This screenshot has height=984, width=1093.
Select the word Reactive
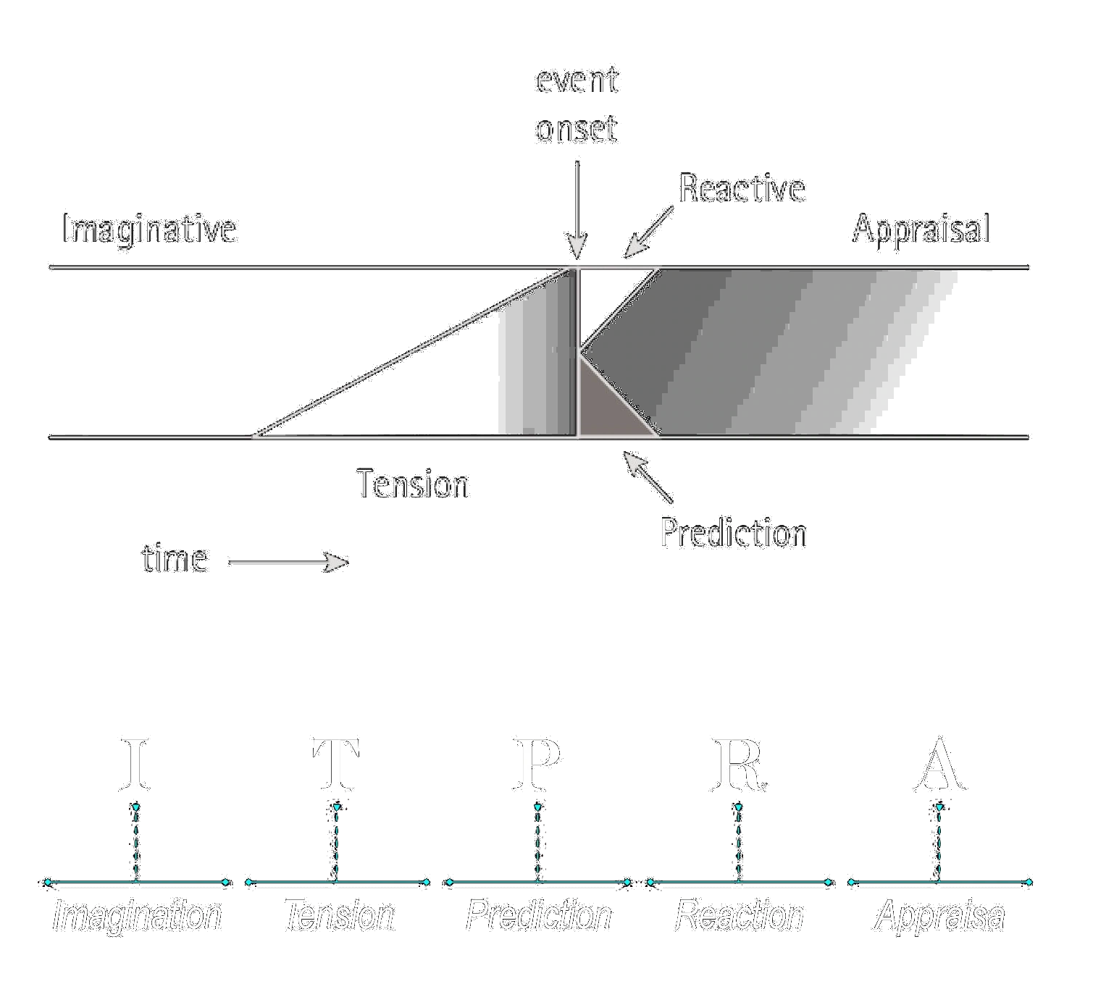(742, 188)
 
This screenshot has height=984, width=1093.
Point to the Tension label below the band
(412, 483)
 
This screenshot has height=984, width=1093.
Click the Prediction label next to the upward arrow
(734, 532)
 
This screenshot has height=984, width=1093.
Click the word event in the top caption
(577, 80)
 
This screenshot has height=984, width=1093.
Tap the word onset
(577, 128)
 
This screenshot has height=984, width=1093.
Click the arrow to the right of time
(288, 563)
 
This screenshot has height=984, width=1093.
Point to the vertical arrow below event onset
(577, 210)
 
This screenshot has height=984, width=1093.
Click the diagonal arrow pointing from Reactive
(648, 232)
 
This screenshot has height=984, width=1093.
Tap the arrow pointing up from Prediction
(648, 476)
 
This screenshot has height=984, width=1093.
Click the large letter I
(135, 764)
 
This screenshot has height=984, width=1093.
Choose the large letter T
(336, 764)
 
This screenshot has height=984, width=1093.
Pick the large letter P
(537, 764)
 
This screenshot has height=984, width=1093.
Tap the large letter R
(740, 764)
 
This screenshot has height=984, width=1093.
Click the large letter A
(940, 764)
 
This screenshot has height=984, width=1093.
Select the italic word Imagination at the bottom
(137, 916)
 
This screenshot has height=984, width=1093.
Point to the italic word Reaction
(739, 916)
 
